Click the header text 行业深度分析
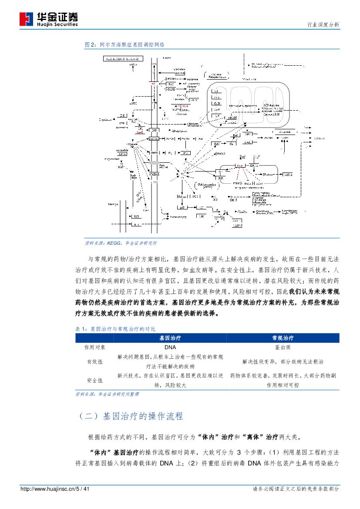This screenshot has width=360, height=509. pos(323,25)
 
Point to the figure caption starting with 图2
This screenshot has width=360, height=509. pos(124,44)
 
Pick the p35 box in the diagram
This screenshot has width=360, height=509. pos(182,208)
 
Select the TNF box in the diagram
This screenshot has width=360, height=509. pos(136,216)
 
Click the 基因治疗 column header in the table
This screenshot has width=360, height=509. pos(170,338)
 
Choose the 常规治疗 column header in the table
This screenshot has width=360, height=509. pos(283,338)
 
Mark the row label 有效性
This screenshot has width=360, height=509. pos(95,361)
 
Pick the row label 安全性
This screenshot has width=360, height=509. pos(95,380)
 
